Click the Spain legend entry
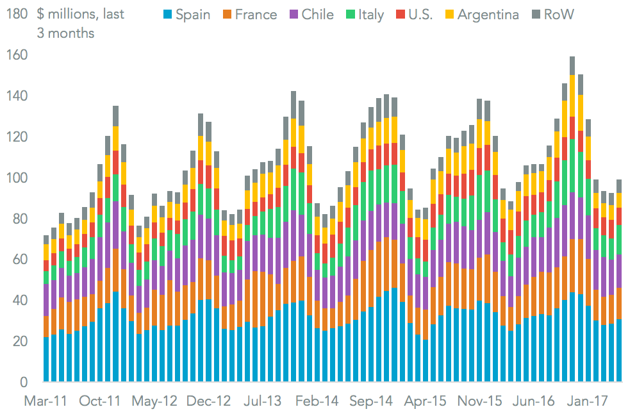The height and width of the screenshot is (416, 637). coord(191,14)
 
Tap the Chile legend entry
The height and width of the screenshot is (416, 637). coord(317,14)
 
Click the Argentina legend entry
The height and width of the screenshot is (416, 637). coord(488,14)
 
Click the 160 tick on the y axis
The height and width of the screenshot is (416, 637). coord(17,55)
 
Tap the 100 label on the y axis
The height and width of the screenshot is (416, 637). coord(17,178)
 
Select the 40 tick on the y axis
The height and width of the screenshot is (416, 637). coord(21,301)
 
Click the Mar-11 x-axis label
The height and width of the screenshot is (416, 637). coord(46,401)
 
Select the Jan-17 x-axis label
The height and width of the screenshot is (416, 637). coord(588,401)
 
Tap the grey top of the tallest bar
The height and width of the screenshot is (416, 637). coord(572,65)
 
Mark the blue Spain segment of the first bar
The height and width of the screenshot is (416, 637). coord(46,359)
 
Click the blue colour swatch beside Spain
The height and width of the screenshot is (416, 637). coord(168,14)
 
